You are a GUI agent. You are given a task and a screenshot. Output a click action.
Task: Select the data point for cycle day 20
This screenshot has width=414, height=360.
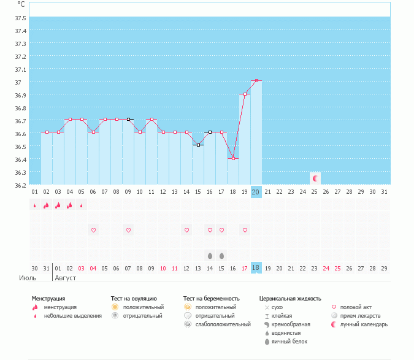click(x=256, y=81)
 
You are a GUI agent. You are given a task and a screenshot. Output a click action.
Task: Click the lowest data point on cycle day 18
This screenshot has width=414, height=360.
click(x=233, y=158)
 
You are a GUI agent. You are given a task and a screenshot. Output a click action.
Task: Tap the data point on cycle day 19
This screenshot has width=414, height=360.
click(x=245, y=94)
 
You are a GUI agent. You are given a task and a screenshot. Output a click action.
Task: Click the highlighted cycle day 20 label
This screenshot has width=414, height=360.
click(x=256, y=192)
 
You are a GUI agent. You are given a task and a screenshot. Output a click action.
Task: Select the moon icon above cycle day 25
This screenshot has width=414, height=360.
click(x=315, y=178)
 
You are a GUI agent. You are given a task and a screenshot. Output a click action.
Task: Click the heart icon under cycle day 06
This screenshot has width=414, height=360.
click(x=93, y=230)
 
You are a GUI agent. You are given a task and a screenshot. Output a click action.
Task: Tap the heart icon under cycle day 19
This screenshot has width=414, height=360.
click(x=245, y=230)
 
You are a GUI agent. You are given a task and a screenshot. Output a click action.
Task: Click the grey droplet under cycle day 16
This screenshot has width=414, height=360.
click(x=210, y=255)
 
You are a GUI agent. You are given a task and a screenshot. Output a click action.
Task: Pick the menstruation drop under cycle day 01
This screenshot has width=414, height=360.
click(x=35, y=205)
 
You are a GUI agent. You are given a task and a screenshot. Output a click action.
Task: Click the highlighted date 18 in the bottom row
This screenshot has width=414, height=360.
click(x=256, y=268)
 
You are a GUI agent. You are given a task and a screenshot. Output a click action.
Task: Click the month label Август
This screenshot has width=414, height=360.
click(x=66, y=278)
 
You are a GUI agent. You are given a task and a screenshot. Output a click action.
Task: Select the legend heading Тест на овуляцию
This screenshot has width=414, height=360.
click(x=134, y=299)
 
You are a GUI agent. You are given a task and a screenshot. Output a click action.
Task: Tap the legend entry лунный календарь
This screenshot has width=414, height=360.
click(x=364, y=324)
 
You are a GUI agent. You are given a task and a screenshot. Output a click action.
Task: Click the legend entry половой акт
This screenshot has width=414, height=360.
click(x=356, y=307)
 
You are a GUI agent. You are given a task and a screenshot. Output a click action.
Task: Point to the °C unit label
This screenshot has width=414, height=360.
click(x=21, y=4)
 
